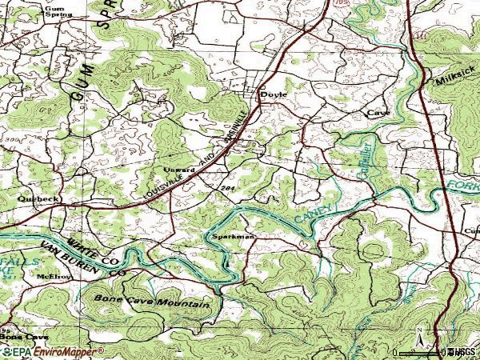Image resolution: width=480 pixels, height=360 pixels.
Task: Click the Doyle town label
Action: (x=274, y=94)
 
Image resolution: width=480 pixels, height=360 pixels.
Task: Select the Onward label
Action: (x=179, y=170)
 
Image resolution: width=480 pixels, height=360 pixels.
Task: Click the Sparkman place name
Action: (x=233, y=237)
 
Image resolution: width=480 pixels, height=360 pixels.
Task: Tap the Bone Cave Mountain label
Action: (x=152, y=301)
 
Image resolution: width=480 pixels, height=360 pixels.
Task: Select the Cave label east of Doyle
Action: (x=377, y=114)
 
